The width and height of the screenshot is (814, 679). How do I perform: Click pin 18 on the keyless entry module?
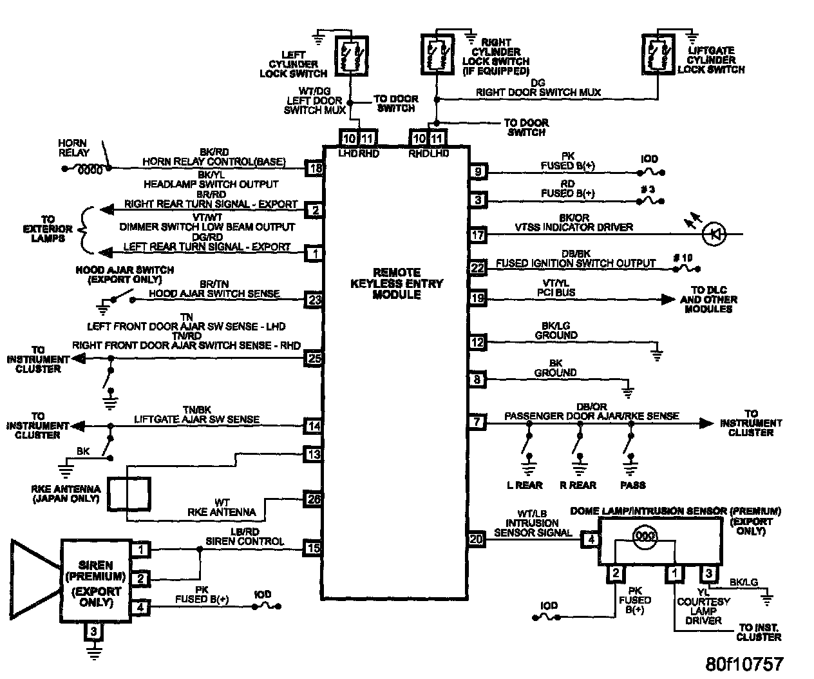314,169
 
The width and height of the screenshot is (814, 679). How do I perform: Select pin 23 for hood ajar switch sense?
314,299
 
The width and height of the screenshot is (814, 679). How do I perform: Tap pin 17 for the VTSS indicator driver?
477,235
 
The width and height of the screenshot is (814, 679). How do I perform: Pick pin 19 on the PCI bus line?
477,298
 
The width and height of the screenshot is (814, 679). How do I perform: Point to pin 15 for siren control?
314,548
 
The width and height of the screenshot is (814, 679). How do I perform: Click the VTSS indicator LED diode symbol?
712,234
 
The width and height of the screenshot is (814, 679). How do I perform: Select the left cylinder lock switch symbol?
352,56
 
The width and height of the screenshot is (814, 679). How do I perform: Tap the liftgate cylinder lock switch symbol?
658,56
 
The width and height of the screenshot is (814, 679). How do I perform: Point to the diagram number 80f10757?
744,664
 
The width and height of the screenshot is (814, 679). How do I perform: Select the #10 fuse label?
683,258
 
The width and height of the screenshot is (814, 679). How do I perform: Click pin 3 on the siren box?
94,631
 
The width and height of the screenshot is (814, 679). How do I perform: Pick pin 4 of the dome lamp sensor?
591,540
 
